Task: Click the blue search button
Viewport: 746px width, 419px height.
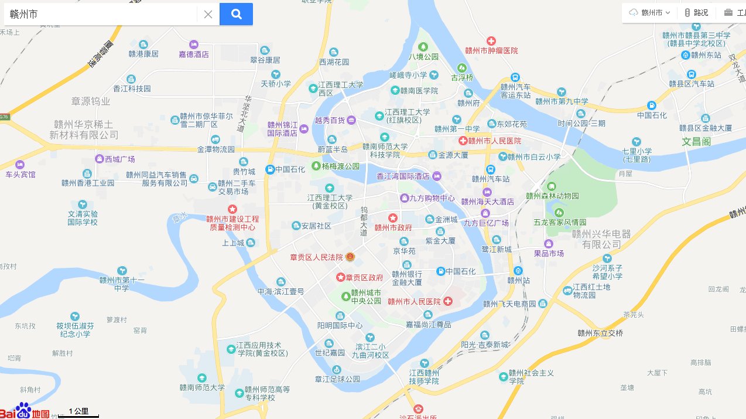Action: tap(236, 14)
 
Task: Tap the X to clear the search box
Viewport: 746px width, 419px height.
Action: tap(208, 14)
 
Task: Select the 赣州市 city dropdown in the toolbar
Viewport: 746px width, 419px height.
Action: tap(650, 12)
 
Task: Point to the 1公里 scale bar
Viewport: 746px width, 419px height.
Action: tap(78, 413)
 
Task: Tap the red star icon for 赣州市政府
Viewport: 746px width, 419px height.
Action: tap(393, 218)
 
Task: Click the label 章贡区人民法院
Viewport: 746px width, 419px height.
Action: tap(317, 257)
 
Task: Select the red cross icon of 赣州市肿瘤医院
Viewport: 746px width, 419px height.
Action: tap(491, 41)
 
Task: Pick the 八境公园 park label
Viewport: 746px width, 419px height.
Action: tap(423, 57)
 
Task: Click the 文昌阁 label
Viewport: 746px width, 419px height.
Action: tap(696, 141)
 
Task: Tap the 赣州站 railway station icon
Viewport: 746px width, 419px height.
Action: tap(518, 270)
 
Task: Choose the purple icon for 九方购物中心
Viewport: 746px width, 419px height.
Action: tap(404, 198)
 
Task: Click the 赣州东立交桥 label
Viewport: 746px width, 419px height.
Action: tap(600, 333)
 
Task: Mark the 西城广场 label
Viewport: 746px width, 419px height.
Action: tap(119, 159)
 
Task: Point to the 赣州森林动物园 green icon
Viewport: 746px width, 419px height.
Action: tap(552, 186)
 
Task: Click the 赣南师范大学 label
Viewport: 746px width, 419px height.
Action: tap(202, 387)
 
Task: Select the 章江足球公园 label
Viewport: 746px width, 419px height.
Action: tap(337, 379)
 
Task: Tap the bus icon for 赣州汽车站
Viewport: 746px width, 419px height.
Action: tap(491, 169)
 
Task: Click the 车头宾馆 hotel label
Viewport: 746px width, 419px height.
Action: tap(20, 175)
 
